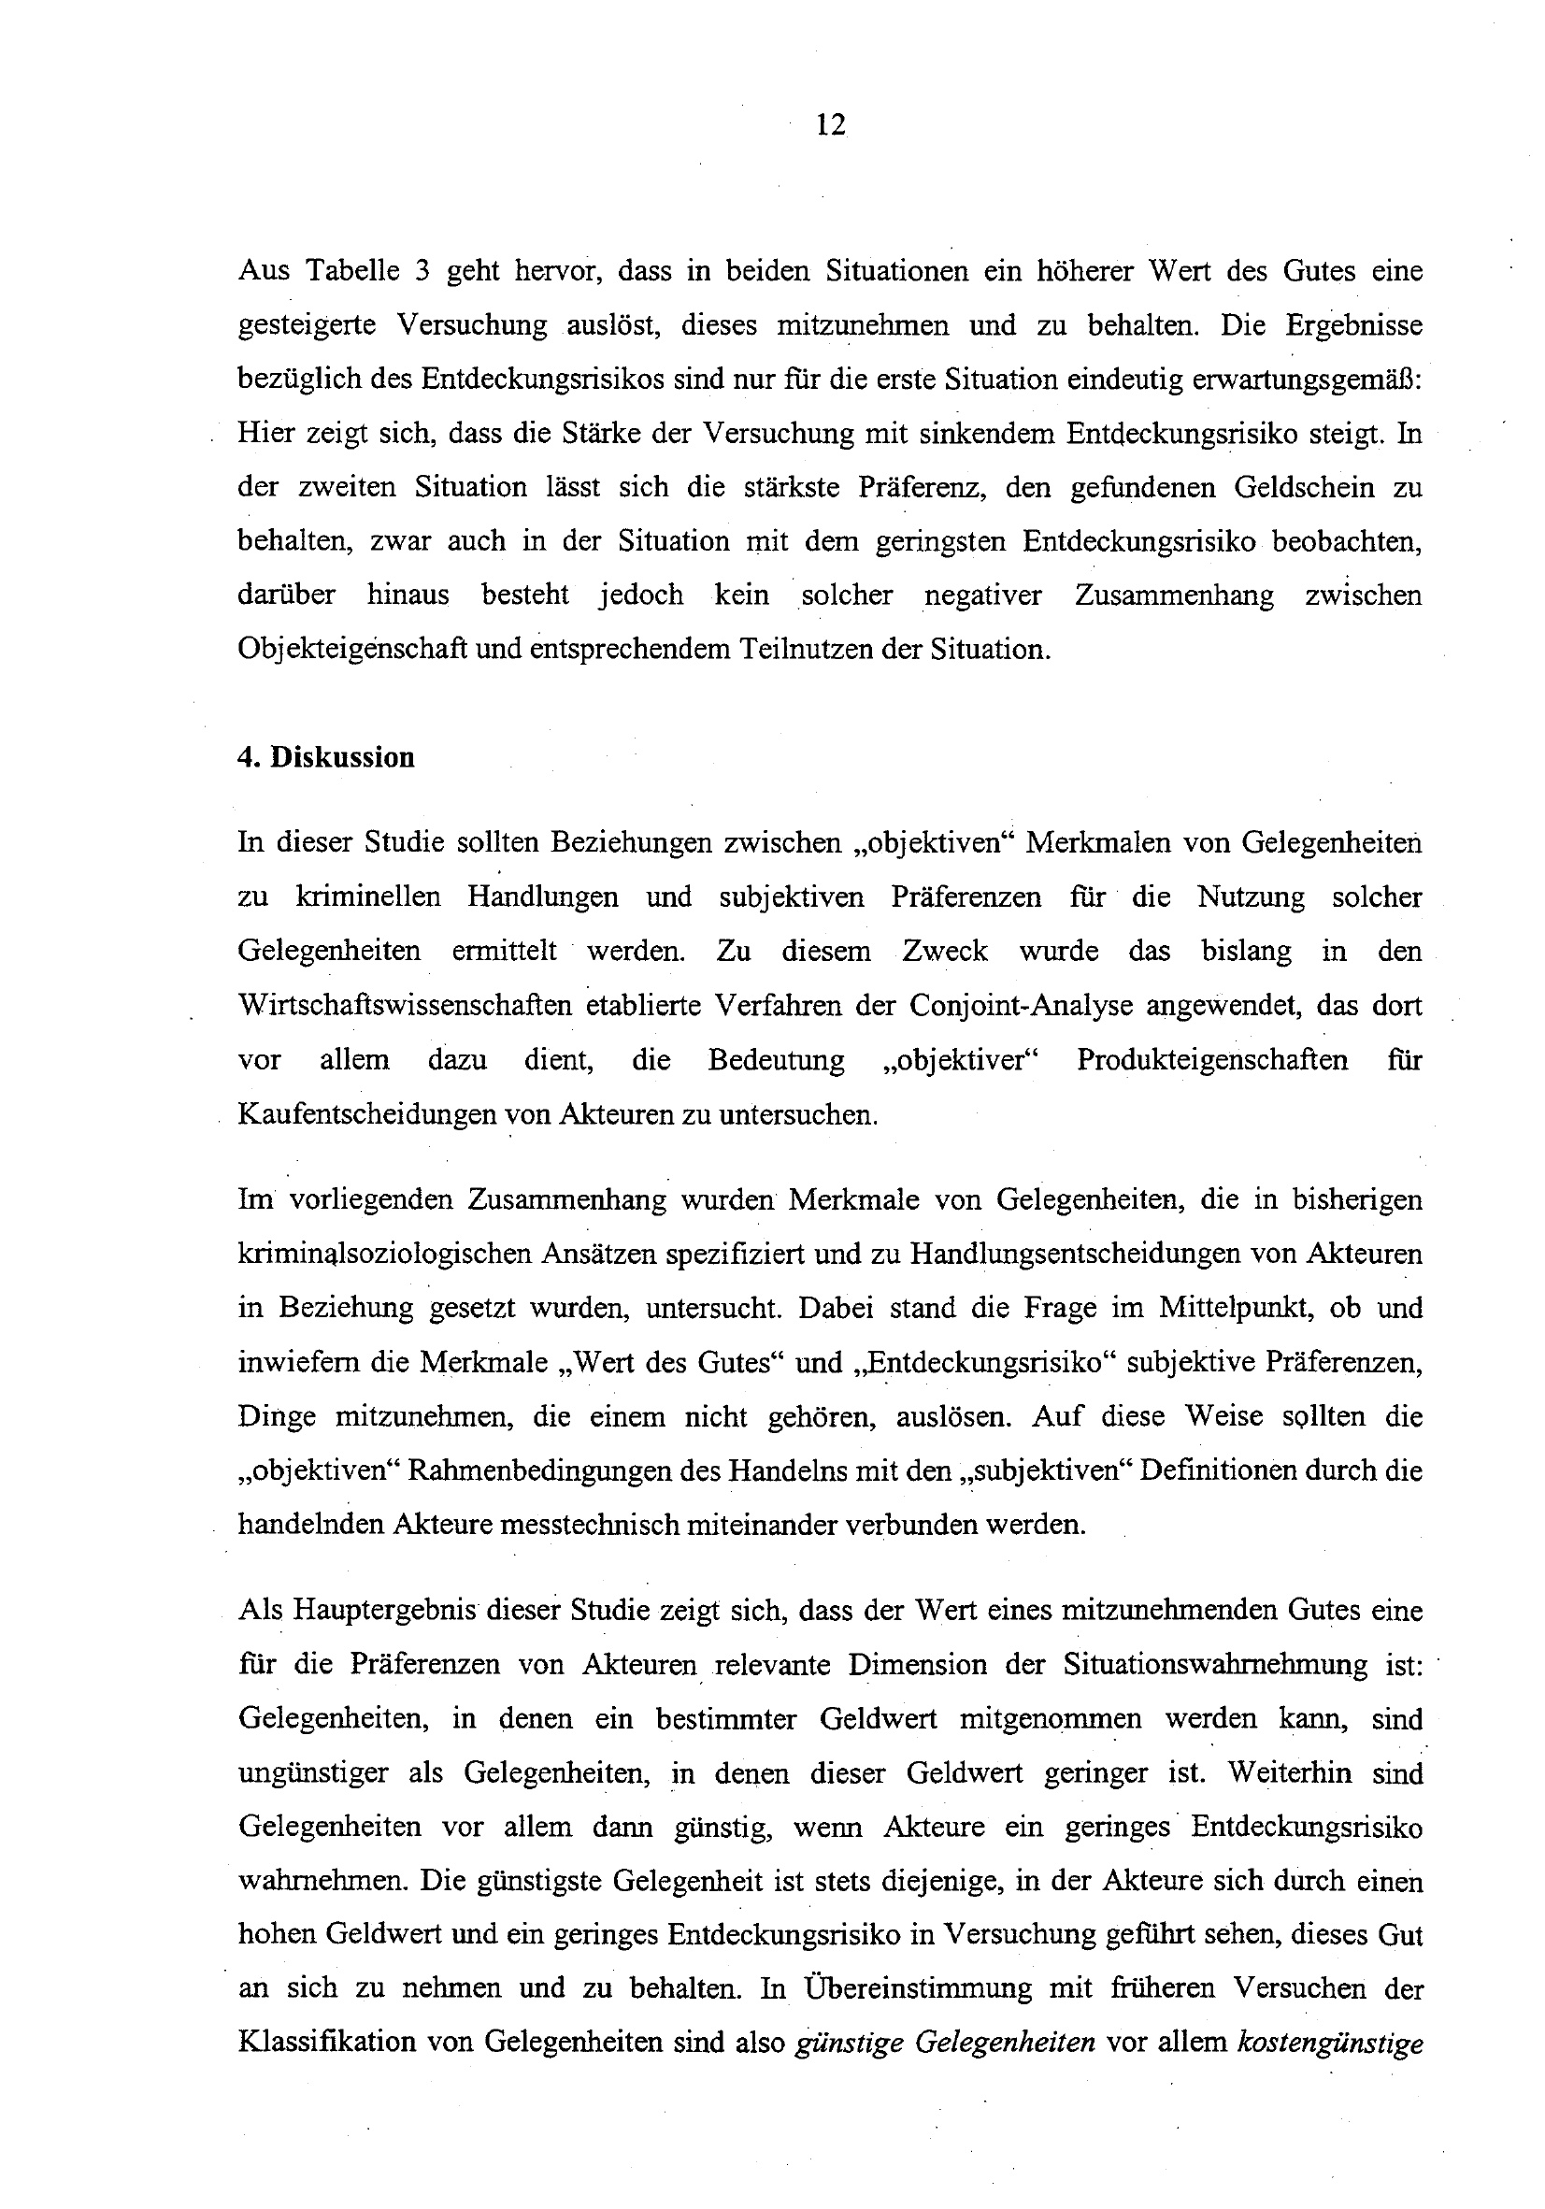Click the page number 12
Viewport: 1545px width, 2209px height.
pos(830,125)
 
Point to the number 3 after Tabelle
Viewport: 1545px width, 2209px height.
pos(422,270)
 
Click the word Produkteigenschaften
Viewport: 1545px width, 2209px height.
pos(1212,1060)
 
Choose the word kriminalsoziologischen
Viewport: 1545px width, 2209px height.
pos(386,1255)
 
